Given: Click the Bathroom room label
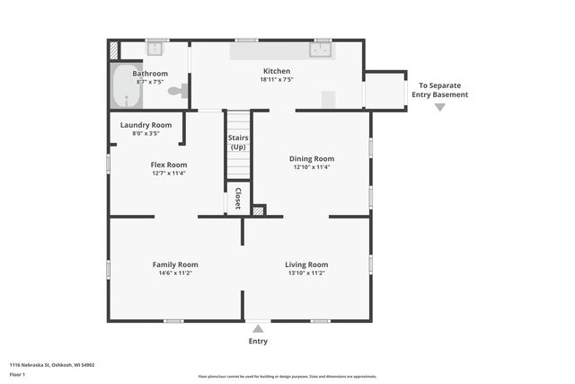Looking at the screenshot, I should point(150,73).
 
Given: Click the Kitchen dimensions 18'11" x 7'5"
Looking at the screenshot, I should point(277,80).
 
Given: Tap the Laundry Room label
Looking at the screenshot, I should point(146,125).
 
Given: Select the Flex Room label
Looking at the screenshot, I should point(168,165).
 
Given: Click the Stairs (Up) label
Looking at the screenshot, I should point(238,142).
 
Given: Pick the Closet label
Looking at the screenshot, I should point(238,200).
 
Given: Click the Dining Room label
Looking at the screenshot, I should point(312,158).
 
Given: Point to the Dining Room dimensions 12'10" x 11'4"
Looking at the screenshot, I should point(312,167).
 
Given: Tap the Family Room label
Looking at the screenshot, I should point(175,264).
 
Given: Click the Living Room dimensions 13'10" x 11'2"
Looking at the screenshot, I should point(306,273).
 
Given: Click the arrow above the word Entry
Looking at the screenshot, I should point(258,328).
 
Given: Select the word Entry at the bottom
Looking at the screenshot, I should point(258,342).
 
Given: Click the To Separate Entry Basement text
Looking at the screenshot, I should point(439,90).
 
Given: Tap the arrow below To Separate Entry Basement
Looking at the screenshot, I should point(439,107).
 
